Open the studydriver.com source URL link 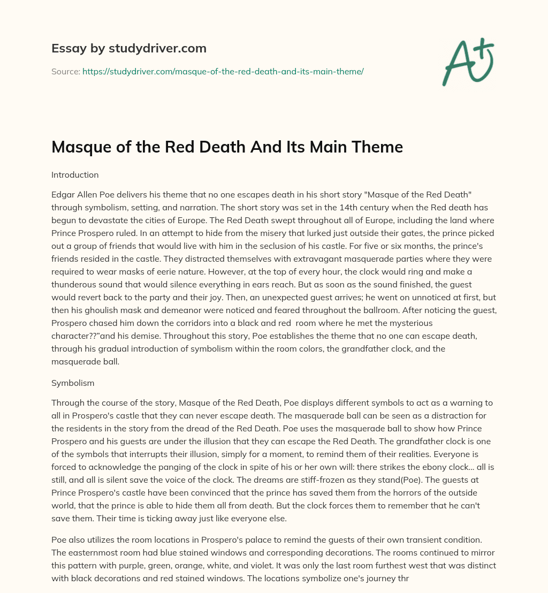223,71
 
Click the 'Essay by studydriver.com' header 128,48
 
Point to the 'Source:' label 65,71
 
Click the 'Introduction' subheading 75,174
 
